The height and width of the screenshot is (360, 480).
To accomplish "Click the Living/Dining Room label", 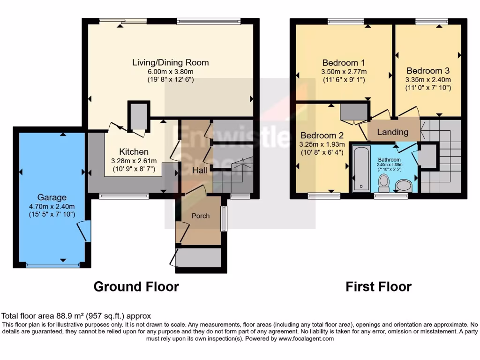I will pyautogui.click(x=170, y=62).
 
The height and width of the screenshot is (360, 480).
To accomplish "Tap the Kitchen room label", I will pyautogui.click(x=134, y=152).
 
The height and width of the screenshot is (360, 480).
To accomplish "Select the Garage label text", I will pyautogui.click(x=52, y=197).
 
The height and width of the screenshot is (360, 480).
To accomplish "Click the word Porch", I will pyautogui.click(x=201, y=216).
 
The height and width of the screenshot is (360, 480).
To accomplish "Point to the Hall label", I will pyautogui.click(x=200, y=170).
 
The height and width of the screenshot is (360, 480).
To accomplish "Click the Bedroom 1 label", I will pyautogui.click(x=344, y=62).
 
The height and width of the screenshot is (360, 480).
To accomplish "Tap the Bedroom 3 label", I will pyautogui.click(x=428, y=70).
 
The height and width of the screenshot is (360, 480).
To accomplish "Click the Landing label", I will pyautogui.click(x=393, y=132).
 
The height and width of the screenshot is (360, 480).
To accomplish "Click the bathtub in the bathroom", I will pyautogui.click(x=361, y=169).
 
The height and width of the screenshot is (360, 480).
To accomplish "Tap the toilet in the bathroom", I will pyautogui.click(x=384, y=183).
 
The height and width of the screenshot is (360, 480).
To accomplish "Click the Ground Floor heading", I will pyautogui.click(x=136, y=286).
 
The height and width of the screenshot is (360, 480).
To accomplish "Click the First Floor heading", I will pyautogui.click(x=378, y=286).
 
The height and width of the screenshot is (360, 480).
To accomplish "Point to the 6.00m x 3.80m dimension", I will pyautogui.click(x=170, y=71).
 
